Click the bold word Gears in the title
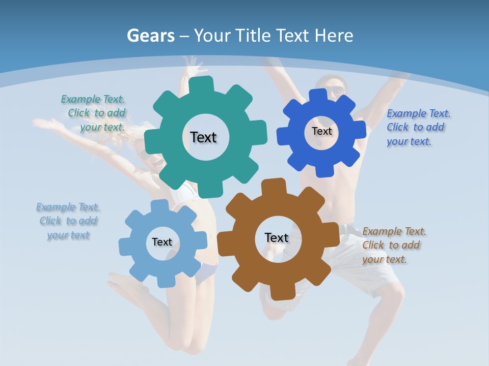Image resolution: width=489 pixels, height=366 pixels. pyautogui.click(x=150, y=36)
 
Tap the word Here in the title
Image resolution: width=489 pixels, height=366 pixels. pyautogui.click(x=334, y=36)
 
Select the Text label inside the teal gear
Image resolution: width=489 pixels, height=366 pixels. pyautogui.click(x=203, y=137)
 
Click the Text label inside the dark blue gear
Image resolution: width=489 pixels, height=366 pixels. pyautogui.click(x=321, y=131)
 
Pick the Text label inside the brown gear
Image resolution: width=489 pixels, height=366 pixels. pyautogui.click(x=277, y=237)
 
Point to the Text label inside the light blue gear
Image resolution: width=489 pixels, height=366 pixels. pyautogui.click(x=162, y=242)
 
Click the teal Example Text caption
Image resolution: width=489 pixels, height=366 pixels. pyautogui.click(x=93, y=113)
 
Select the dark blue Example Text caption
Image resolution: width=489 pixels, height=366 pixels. pyautogui.click(x=418, y=127)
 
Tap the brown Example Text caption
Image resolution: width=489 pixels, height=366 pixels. pyautogui.click(x=394, y=245)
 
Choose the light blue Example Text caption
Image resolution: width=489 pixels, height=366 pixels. pyautogui.click(x=68, y=221)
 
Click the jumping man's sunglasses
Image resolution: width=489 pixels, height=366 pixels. pyautogui.click(x=335, y=91)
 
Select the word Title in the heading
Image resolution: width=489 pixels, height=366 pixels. pyautogui.click(x=255, y=36)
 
